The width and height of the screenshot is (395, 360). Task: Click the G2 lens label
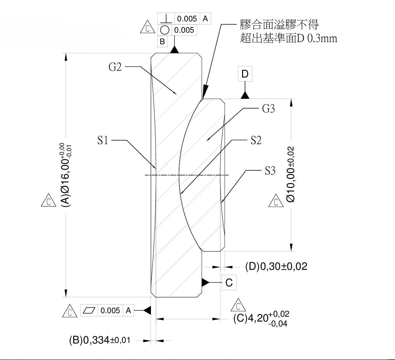click(x=115, y=67)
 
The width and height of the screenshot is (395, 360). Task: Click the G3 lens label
click(x=268, y=109)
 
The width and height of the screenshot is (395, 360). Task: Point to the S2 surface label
click(x=256, y=140)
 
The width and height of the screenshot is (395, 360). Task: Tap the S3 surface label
click(x=270, y=171)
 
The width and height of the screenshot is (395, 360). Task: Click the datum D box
click(x=245, y=74)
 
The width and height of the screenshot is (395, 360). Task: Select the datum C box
click(x=229, y=282)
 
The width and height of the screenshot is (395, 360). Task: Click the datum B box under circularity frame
click(x=162, y=41)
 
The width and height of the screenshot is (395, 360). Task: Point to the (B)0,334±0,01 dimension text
click(x=100, y=340)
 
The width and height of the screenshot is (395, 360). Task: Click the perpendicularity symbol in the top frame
click(x=166, y=18)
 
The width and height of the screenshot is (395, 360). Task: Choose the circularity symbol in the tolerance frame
click(x=165, y=30)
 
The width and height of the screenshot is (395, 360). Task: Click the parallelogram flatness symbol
click(x=90, y=311)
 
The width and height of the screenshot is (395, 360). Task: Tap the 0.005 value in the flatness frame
click(x=110, y=311)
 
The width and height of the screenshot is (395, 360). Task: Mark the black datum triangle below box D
click(x=245, y=95)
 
